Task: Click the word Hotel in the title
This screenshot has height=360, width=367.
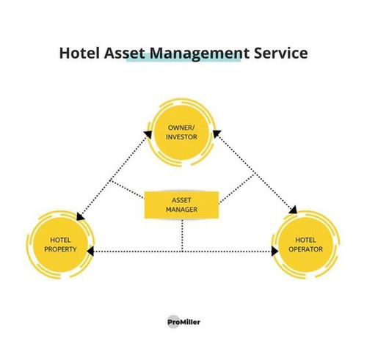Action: coord(79,53)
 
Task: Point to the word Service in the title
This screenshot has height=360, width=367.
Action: coord(281,53)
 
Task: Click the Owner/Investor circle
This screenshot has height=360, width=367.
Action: coord(181,132)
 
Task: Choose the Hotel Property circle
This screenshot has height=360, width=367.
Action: coord(60,244)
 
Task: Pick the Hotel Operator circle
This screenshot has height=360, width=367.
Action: coord(305,244)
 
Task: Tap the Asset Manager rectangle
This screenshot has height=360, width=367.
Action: coord(181,205)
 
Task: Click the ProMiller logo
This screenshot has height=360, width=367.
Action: coord(183,322)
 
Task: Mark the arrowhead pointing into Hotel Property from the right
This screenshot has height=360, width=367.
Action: coord(90,251)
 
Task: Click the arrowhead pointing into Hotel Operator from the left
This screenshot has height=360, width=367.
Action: coord(275,251)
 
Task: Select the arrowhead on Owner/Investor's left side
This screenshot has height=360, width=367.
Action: coord(148,134)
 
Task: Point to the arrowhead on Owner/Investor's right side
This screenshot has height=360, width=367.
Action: coord(217,134)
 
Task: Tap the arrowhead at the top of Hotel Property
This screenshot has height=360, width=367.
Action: coord(80,216)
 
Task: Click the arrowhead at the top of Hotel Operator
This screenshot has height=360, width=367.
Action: coord(293,210)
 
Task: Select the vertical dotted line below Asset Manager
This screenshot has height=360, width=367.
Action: coord(182,235)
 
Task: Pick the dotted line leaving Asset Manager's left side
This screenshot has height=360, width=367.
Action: coord(127,189)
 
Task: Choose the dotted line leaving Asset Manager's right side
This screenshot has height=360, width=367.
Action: coord(236,188)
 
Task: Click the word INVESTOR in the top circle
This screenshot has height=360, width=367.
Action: coord(181,137)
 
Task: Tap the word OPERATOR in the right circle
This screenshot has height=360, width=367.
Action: coord(305,249)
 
